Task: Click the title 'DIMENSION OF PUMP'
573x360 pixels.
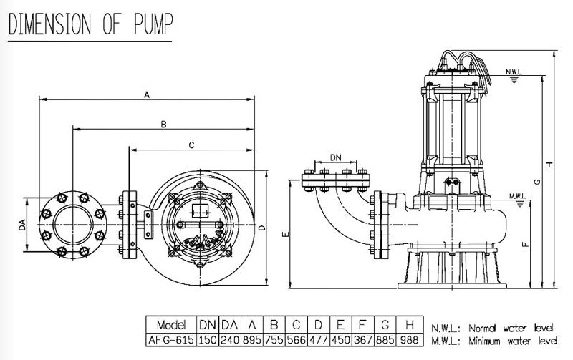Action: click(x=90, y=23)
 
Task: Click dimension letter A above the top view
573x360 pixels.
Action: click(x=147, y=94)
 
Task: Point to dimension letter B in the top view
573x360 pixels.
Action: click(x=164, y=124)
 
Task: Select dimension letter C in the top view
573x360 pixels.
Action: click(x=191, y=145)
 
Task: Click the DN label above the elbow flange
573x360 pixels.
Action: click(x=335, y=157)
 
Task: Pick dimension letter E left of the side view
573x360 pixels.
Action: click(x=285, y=233)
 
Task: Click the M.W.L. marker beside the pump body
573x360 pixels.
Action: click(x=517, y=195)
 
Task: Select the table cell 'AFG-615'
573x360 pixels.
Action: click(x=170, y=339)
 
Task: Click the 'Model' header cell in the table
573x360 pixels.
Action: click(x=170, y=325)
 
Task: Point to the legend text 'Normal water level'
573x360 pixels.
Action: click(x=511, y=326)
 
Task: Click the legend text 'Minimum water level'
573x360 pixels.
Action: click(x=513, y=340)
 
